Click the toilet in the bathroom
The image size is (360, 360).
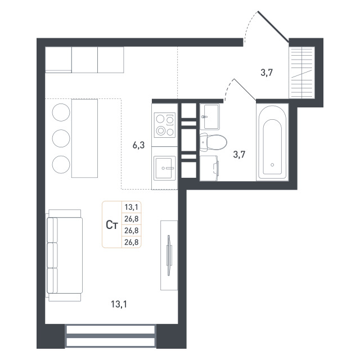click(x=213, y=142)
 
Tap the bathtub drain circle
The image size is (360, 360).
click(x=272, y=165)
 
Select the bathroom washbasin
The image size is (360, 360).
click(x=210, y=116)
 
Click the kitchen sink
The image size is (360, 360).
click(x=165, y=168)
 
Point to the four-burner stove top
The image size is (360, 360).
click(x=165, y=125)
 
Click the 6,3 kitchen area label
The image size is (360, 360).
click(x=139, y=145)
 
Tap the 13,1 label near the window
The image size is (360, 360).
click(x=119, y=304)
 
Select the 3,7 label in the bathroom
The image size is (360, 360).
click(x=239, y=155)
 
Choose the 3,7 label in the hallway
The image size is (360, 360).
click(x=267, y=73)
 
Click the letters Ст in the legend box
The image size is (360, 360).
click(x=112, y=225)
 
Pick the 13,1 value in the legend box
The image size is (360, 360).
click(x=131, y=208)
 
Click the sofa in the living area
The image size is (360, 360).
click(x=65, y=255)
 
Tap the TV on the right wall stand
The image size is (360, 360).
click(x=169, y=255)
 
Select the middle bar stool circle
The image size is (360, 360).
click(x=61, y=138)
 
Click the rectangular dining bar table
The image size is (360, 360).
click(x=85, y=138)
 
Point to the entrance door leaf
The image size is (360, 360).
click(x=273, y=26)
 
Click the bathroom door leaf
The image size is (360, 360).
click(x=245, y=89)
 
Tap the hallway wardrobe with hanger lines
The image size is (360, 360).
click(x=301, y=73)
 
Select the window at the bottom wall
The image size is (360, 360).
click(x=110, y=335)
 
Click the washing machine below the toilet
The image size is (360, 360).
click(x=209, y=168)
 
